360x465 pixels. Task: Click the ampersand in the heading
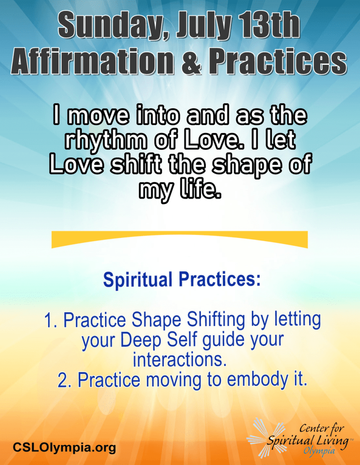click(192, 62)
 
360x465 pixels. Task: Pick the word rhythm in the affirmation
click(105, 140)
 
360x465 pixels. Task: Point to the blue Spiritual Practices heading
click(182, 279)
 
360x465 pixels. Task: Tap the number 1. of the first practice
click(52, 320)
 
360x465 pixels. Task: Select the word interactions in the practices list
click(180, 360)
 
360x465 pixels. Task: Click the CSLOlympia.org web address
click(65, 447)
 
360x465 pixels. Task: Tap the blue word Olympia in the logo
click(319, 451)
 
